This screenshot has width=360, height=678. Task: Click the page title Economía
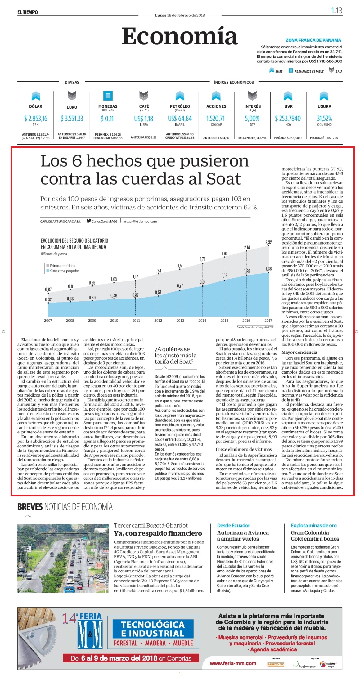coord(180,36)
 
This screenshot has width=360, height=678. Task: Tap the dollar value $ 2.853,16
coord(36,118)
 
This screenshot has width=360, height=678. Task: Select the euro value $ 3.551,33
coord(72,118)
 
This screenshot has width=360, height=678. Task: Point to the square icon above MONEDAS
coord(108,95)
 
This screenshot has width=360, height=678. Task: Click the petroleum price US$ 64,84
coord(180,118)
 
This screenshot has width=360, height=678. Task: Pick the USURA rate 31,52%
coord(324,118)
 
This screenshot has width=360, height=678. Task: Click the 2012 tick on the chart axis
coord(158,321)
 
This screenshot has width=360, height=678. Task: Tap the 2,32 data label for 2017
coord(268,242)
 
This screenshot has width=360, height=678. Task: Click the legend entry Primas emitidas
coord(62,266)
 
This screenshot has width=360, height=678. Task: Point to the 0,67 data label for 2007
coord(48,290)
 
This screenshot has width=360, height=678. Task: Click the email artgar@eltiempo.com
coord(140,222)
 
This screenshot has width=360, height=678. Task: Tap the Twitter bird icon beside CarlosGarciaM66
coord(89,221)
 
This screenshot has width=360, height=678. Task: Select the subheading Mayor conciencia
coord(299,352)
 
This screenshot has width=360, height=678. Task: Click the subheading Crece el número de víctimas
coord(244,449)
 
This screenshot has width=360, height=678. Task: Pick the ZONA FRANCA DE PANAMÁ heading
coord(313,40)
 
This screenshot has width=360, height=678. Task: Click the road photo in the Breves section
coord(63,558)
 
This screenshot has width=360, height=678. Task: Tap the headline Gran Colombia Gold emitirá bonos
coord(315,536)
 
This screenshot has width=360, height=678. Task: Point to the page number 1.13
coord(336,11)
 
